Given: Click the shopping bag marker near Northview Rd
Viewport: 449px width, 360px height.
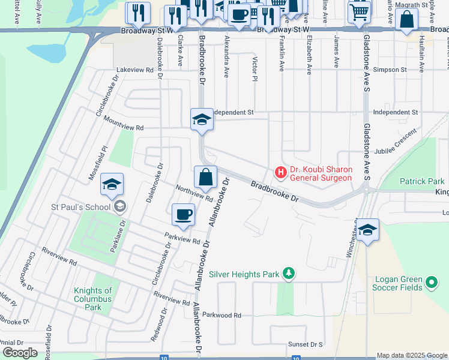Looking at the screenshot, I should pos(205,178).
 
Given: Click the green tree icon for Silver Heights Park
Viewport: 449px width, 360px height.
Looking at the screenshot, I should pos(289,274).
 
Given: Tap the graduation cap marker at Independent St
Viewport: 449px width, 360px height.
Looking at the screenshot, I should pos(202,119).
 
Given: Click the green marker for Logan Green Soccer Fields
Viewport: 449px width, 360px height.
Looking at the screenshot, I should pos(430,282).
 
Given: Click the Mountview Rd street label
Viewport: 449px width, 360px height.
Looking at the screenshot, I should pos(124,128).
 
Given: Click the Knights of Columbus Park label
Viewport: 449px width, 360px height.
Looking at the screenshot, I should pos(92,299).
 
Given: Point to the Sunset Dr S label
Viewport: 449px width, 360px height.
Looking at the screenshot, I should pos(305,344).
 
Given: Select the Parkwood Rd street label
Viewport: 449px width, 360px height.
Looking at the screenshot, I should pos(221,315).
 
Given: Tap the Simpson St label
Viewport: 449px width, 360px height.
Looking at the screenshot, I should pos(390,70).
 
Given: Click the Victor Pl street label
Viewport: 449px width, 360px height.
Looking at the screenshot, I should pos(255,70).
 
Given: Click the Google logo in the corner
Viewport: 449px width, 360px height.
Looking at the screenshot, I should pos(20,352).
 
